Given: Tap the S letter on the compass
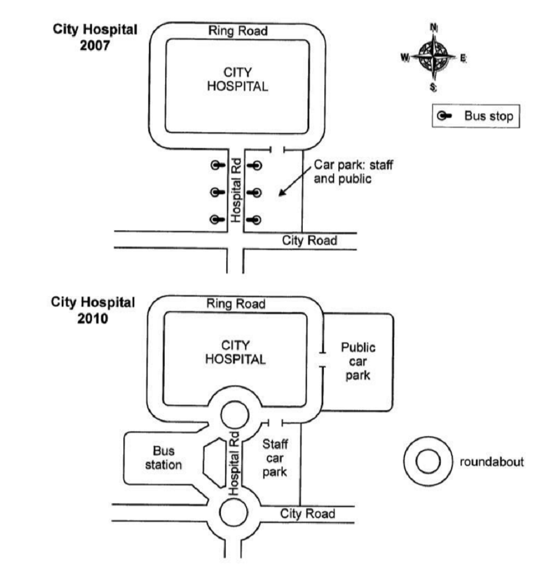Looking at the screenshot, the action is coord(433,87).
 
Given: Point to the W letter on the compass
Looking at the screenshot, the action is coord(405,57).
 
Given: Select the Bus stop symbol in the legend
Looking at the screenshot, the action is coord(444,116).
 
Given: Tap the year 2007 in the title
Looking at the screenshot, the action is coord(95,46).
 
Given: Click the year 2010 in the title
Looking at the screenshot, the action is coord(93,318).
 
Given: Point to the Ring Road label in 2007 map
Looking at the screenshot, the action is coord(238,31).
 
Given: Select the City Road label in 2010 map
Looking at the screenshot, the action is coord(308,513).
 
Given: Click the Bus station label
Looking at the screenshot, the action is coord(164,458).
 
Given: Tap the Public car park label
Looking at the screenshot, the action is coord(358,361).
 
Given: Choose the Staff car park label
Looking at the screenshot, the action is coord(275,458).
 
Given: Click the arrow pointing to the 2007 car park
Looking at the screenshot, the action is coord(295,181).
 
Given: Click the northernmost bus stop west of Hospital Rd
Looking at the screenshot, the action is coord(218,165).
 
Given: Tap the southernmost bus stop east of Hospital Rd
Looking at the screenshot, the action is coord(254,220).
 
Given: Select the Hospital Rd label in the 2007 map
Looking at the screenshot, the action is coord(236,190).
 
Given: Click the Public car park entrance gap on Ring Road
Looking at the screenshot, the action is coord(323,360).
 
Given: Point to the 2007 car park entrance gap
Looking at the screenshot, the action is coord(277,149).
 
